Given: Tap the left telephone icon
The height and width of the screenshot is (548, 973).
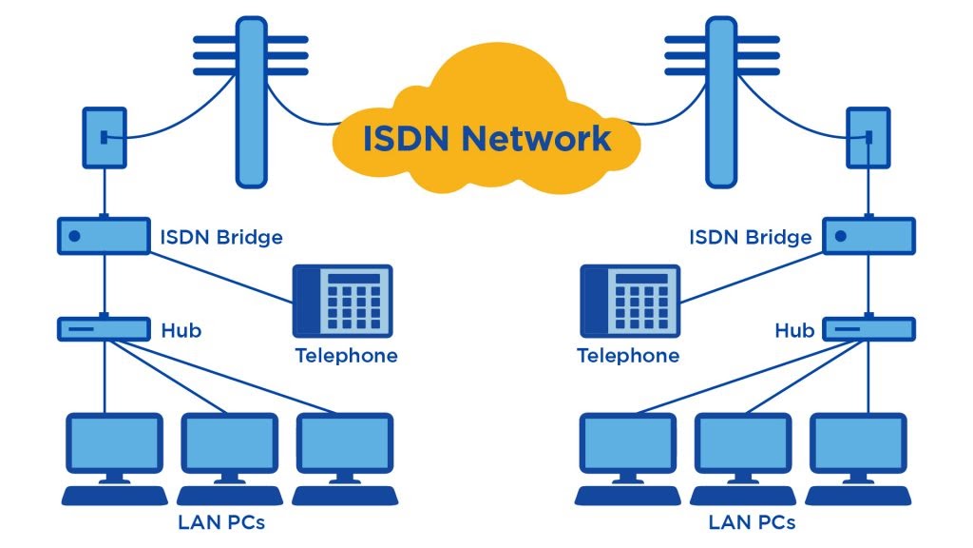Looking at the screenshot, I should coord(341,302).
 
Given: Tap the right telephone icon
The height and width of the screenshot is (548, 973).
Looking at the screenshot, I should coord(631,302).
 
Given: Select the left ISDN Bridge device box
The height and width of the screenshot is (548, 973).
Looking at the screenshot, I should coord(104,235).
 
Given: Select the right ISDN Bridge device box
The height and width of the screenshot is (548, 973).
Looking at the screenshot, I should coord(868,235).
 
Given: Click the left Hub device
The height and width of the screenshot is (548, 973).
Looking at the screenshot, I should coord(104,329).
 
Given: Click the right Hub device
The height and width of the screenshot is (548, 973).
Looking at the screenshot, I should coord(868,329).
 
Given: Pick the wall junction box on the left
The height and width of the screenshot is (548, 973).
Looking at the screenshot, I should coord(104,138).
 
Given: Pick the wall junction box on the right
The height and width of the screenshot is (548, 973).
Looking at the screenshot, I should coord(868,138).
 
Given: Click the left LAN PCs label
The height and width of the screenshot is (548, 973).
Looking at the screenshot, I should coord(220,522).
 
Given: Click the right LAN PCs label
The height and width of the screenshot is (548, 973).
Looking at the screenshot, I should coord(752,522).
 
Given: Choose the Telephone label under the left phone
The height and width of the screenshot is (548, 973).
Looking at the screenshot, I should coord(346,357).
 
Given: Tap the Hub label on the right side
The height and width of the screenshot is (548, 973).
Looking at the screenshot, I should coord(794,331).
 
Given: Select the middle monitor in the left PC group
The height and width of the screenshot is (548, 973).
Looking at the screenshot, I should coord(229,445).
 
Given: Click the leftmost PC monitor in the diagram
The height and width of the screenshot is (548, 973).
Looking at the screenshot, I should coord(113,445).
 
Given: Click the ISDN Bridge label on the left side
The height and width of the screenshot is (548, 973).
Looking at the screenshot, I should coord(221,237).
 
